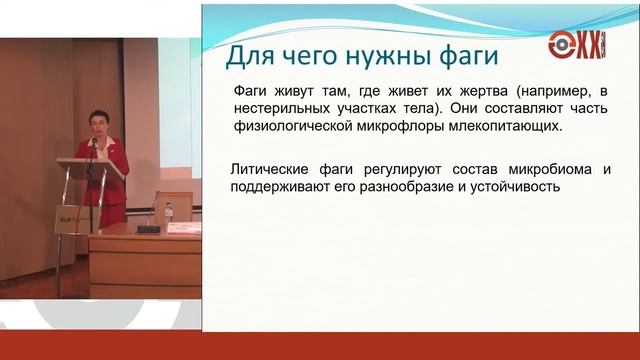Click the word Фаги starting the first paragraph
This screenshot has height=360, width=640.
(x=250, y=90)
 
